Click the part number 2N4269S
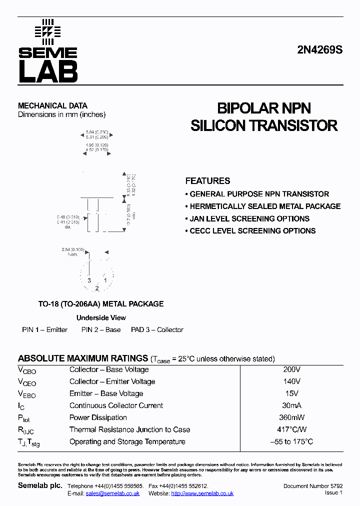point(320,50)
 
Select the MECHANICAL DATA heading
point(52,105)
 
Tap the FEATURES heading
point(207,181)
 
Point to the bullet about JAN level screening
point(249,218)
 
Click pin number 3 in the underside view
point(89,280)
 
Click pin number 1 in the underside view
point(105,280)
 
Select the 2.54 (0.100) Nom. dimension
point(73,251)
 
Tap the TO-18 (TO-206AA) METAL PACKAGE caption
point(101,303)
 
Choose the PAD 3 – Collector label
point(157,330)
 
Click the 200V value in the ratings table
point(291,369)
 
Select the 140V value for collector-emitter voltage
point(291,381)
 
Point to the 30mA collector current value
point(291,405)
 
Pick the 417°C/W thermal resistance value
point(291,429)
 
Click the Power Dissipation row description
point(98,417)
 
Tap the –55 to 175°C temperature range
point(291,441)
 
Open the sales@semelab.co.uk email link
point(112,493)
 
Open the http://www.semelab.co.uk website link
point(202,493)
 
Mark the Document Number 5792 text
point(312,486)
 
